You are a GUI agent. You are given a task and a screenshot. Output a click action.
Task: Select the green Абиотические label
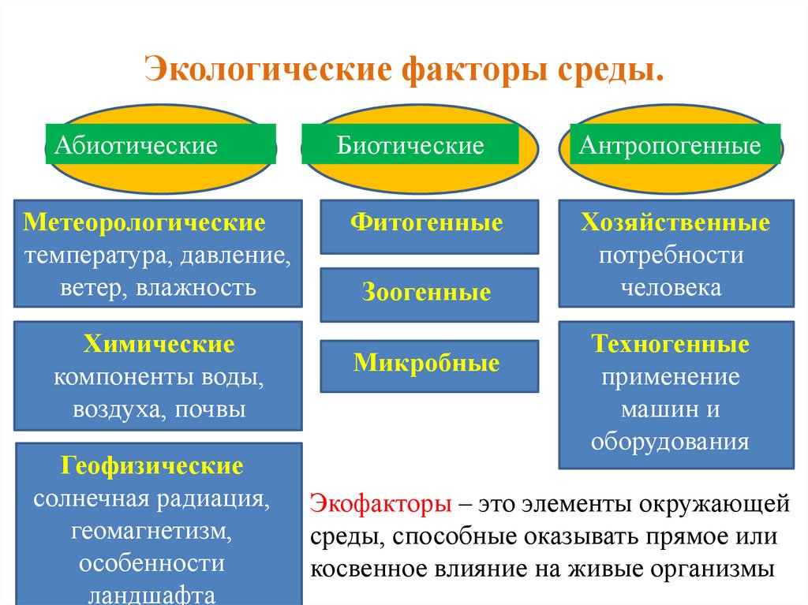[161, 144]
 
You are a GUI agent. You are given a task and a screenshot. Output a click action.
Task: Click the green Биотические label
[410, 144]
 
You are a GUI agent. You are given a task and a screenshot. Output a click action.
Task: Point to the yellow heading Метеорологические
[144, 222]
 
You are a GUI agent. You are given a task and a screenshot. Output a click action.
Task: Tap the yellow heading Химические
[159, 345]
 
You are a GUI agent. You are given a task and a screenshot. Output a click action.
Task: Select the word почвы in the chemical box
[211, 409]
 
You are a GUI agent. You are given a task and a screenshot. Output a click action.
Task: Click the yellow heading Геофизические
[160, 466]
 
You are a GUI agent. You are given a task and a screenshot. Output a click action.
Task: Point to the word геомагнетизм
[151, 531]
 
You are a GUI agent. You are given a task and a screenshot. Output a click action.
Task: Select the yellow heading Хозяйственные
[675, 223]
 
